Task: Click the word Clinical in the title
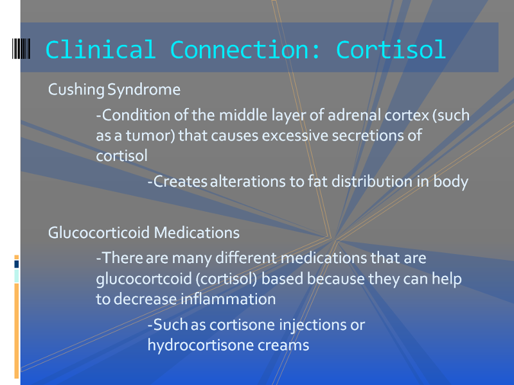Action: pos(100,49)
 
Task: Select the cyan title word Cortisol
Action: pos(391,49)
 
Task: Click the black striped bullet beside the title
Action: pos(21,49)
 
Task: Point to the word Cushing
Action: pos(76,90)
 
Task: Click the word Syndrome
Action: pos(144,90)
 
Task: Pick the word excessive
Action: pos(295,135)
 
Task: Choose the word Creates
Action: pos(181,182)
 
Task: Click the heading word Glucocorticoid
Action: pos(99,233)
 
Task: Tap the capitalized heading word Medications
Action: pos(197,233)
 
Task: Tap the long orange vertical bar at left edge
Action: pos(17,330)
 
